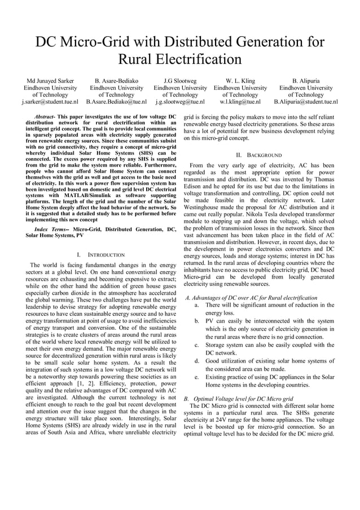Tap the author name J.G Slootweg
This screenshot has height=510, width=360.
click(x=180, y=81)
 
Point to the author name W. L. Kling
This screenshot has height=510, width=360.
click(x=240, y=81)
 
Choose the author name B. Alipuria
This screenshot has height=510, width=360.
click(x=306, y=81)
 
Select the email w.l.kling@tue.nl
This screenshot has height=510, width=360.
click(x=240, y=102)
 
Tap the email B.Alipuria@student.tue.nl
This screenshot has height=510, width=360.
click(x=306, y=102)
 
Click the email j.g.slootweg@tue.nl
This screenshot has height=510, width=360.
click(x=180, y=102)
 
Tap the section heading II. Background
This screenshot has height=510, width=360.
click(x=259, y=155)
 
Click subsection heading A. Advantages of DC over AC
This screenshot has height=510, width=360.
click(x=251, y=298)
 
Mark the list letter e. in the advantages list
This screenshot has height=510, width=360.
click(x=196, y=377)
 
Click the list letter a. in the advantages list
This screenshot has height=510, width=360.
click(x=196, y=305)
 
